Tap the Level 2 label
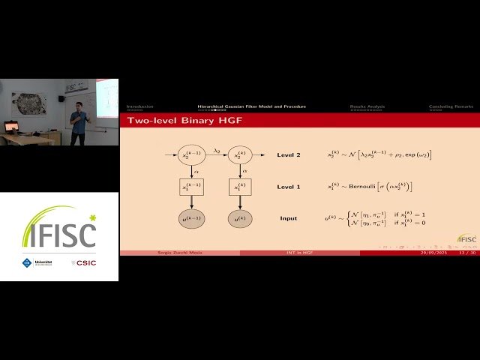(289, 155)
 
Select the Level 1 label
(289, 187)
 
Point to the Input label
(289, 218)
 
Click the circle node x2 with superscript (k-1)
(191, 155)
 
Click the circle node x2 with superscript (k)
(240, 155)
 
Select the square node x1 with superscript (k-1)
(191, 187)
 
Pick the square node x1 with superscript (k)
(240, 187)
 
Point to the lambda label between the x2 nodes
(216, 150)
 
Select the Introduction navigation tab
(139, 106)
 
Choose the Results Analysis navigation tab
(367, 106)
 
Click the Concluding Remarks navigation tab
(451, 106)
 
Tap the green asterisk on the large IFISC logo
(92, 218)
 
